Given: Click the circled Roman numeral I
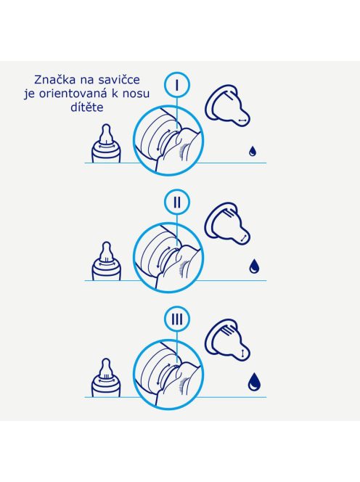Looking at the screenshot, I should (x=177, y=85).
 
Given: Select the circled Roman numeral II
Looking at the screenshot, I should (x=177, y=203).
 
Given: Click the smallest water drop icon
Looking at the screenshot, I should (x=252, y=152).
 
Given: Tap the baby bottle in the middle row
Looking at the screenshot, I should (x=107, y=261).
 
